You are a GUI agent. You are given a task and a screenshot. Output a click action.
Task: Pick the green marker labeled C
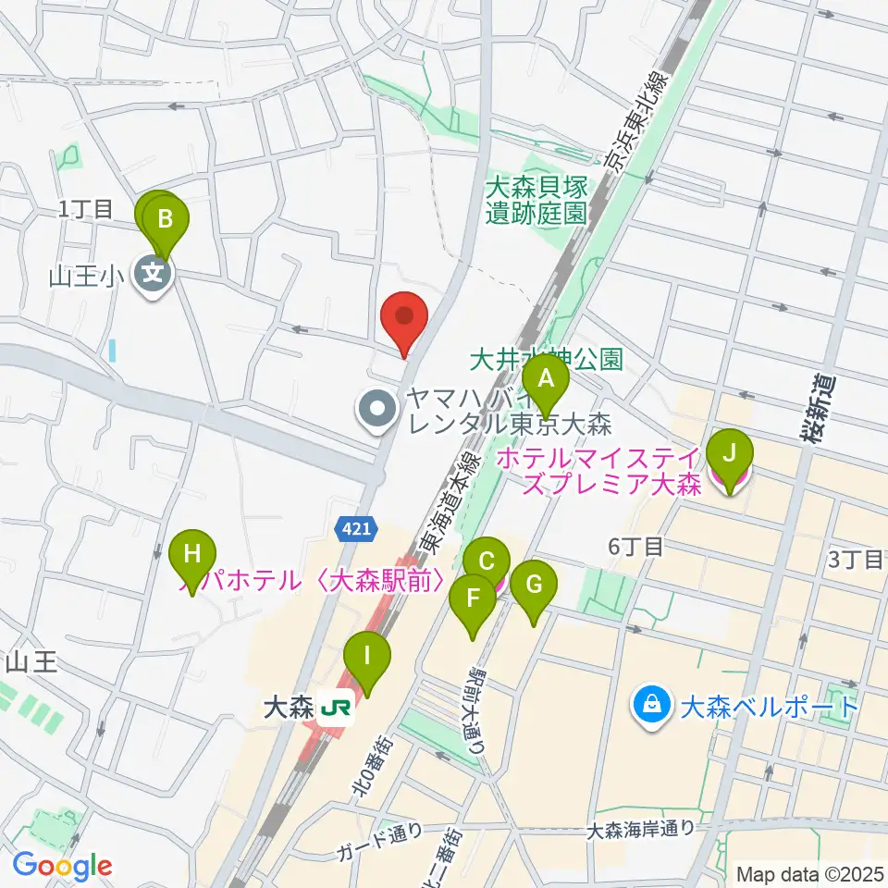pos(486,561)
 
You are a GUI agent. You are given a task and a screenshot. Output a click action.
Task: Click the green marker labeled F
pos(473,598)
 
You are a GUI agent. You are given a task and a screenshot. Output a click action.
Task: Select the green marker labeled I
pos(366,659)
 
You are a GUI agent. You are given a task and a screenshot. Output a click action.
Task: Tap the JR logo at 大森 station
pos(334,709)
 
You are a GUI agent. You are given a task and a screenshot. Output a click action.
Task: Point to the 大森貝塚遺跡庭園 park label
pos(536,200)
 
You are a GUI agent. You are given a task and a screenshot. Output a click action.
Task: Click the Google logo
pos(61,865)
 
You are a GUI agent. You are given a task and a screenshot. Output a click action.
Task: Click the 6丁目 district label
pos(635,547)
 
